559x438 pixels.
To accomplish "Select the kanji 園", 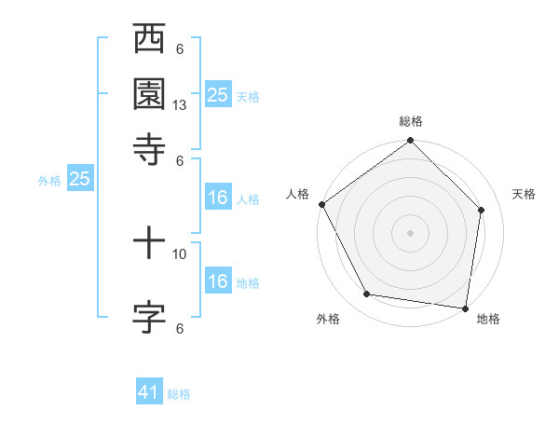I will (x=149, y=94).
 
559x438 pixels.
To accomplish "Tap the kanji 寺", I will (x=149, y=146).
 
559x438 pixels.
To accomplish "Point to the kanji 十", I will (x=149, y=245).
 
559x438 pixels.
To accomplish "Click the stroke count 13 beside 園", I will (x=180, y=105).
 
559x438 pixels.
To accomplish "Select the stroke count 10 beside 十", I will (x=180, y=253).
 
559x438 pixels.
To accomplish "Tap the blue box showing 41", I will (x=149, y=393).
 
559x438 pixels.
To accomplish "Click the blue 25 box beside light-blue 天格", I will (x=218, y=94).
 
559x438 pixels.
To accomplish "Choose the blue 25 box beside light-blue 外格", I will (x=79, y=180).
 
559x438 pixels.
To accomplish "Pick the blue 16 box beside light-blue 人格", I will (x=218, y=198).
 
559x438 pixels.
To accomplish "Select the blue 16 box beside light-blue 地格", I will (x=218, y=281).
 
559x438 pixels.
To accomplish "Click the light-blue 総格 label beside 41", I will (x=179, y=394).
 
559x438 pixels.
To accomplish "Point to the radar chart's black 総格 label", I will (x=411, y=121).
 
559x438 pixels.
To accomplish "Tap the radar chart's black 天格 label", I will (x=525, y=194).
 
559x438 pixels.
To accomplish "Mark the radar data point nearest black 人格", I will (x=322, y=204).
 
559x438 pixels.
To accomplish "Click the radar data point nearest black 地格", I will (x=465, y=308).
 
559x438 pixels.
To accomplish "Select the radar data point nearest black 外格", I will (x=367, y=294).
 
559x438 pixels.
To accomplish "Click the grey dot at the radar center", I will (x=410, y=232).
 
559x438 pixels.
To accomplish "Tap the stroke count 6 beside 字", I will (x=180, y=327).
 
